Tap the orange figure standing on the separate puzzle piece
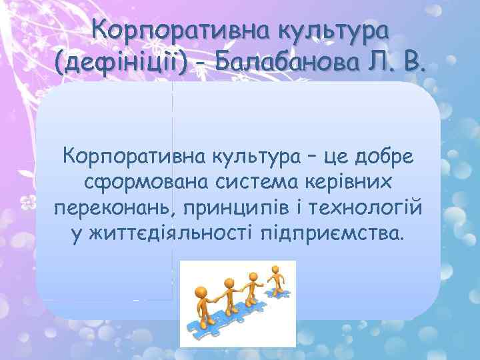276,279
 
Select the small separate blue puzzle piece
279,293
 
